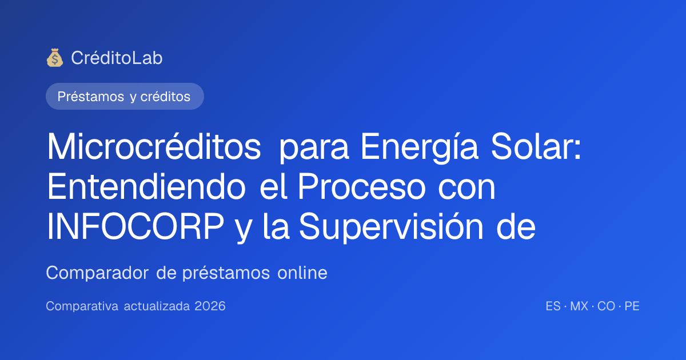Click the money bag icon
click(55, 58)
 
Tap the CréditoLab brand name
click(117, 58)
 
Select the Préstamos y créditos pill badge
click(125, 97)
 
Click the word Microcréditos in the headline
click(154, 146)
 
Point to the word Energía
click(420, 148)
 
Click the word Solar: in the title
click(536, 146)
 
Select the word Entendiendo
click(146, 186)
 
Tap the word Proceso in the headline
click(361, 186)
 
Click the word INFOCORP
click(135, 226)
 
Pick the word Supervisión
click(391, 228)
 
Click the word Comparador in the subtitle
click(97, 273)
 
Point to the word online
click(302, 273)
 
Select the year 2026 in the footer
click(210, 306)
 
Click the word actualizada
click(157, 306)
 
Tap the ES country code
click(553, 306)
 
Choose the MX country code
click(579, 306)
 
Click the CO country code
click(607, 306)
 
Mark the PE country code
click(632, 306)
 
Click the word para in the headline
click(314, 150)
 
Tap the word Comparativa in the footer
click(82, 306)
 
